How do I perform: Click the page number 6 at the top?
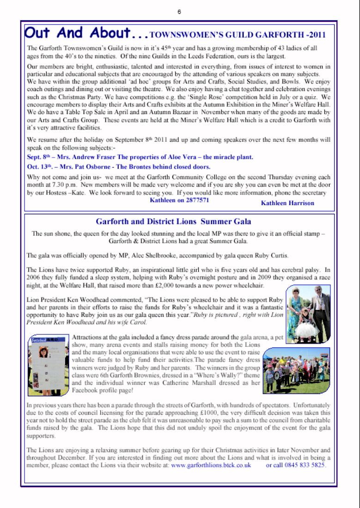tap(179, 12)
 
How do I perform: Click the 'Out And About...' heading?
tap(86, 33)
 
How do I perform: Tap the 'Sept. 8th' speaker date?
tap(39, 157)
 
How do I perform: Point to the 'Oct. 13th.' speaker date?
tap(41, 167)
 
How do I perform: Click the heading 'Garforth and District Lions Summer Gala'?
tap(180, 222)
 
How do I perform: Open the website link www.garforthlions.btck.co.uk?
tap(211, 465)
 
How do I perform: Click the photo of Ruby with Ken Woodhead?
tap(308, 314)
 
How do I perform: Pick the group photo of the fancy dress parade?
tap(297, 370)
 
